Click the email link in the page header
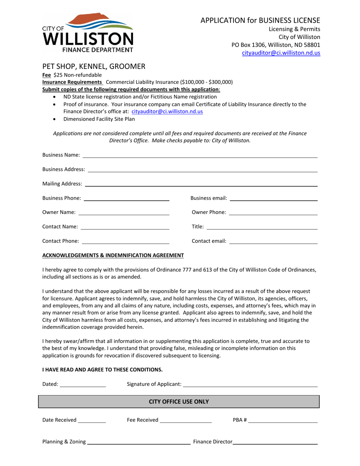pyautogui.click(x=281, y=53)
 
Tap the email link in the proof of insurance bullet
pyautogui.click(x=167, y=111)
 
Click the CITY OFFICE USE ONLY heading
pyautogui.click(x=179, y=402)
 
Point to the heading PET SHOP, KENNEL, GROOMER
pyautogui.click(x=94, y=67)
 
